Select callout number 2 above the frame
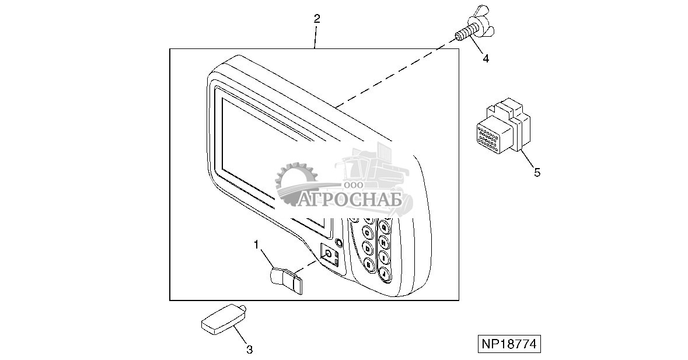(316, 19)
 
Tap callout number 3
(249, 349)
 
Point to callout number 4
(486, 58)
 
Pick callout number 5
(537, 172)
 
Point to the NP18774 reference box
(508, 344)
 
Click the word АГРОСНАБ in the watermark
(352, 199)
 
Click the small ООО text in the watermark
(353, 184)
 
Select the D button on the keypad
(368, 249)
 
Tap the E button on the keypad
(369, 264)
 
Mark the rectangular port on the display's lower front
(329, 254)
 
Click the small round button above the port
(337, 242)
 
